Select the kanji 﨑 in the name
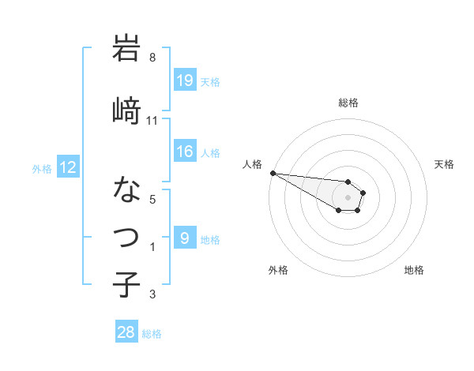[x=126, y=110]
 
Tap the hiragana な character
[x=126, y=190]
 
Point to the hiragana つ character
[x=126, y=235]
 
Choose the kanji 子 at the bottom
[x=126, y=283]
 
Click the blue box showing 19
[x=184, y=81]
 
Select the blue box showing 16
[x=184, y=152]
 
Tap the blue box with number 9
[x=184, y=238]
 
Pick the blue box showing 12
[x=68, y=167]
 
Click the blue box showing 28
[x=126, y=333]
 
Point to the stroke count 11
[x=152, y=121]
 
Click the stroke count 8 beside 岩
[x=152, y=58]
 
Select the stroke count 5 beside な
[x=152, y=200]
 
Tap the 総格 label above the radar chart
[x=348, y=103]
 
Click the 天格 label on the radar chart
[x=444, y=164]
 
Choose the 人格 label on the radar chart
[x=253, y=164]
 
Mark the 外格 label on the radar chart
[x=278, y=270]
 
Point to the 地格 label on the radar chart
[x=414, y=270]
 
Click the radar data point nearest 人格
[x=273, y=173]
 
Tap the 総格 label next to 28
[x=152, y=334]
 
